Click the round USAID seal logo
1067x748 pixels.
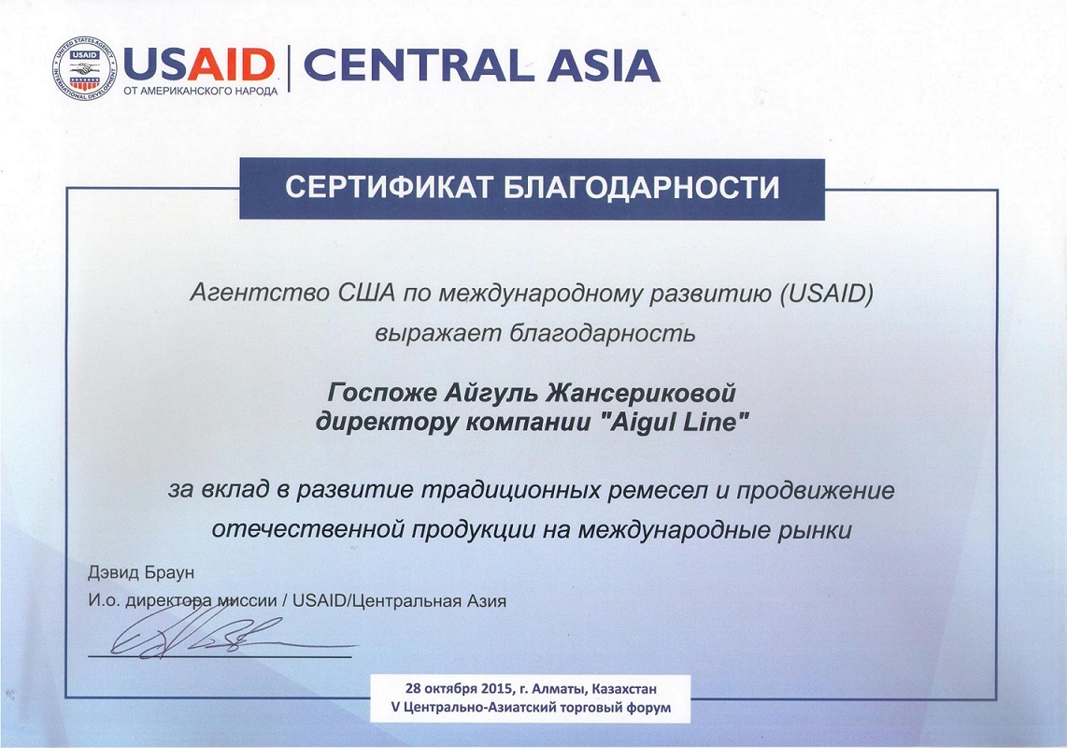coord(85,68)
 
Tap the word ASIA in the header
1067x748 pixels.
coord(604,65)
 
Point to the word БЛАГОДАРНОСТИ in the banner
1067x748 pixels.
coord(641,187)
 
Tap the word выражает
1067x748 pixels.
coord(436,334)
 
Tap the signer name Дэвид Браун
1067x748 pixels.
coord(141,572)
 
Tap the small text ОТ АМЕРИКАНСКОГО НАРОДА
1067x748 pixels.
coord(201,91)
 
